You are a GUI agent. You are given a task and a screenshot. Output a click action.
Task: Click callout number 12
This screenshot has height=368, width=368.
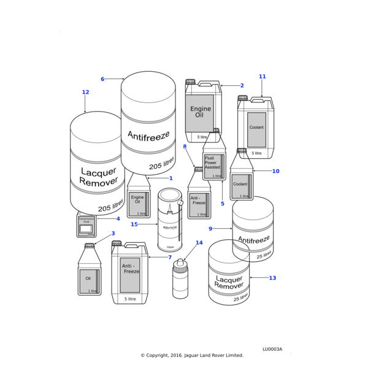pyautogui.click(x=85, y=93)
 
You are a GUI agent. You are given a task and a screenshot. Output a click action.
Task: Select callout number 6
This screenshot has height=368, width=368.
pyautogui.click(x=102, y=79)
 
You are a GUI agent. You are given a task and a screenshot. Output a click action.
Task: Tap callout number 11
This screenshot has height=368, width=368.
pyautogui.click(x=262, y=77)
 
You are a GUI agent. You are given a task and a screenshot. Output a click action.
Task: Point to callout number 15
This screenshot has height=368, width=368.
pyautogui.click(x=134, y=224)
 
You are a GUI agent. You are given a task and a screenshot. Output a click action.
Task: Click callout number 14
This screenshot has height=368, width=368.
pyautogui.click(x=199, y=243)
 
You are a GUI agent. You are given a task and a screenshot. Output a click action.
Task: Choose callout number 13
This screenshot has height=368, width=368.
pyautogui.click(x=272, y=278)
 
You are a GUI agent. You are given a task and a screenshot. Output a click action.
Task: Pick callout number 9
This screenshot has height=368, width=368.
pyautogui.click(x=210, y=229)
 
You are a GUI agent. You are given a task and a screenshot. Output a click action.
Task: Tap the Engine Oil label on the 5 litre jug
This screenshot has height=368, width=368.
pyautogui.click(x=200, y=112)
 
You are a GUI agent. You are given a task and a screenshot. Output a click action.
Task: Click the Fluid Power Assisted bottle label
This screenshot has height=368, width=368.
pyautogui.click(x=213, y=163)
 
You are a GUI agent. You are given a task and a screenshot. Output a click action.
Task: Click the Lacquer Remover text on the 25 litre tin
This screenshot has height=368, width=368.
pyautogui.click(x=229, y=283)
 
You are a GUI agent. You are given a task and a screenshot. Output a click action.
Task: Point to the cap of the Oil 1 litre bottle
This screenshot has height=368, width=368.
pyautogui.click(x=90, y=246)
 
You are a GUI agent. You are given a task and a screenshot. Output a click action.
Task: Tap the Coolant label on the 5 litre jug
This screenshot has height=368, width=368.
pyautogui.click(x=256, y=128)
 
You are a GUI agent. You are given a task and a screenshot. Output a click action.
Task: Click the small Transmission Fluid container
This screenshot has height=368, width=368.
pyautogui.click(x=86, y=226)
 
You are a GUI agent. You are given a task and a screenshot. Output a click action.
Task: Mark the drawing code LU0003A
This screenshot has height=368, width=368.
pyautogui.click(x=272, y=349)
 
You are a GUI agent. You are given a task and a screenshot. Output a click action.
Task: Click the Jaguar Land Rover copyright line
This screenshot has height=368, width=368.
pyautogui.click(x=192, y=355)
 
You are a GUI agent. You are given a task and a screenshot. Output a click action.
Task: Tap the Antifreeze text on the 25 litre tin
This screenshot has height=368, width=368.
pyautogui.click(x=253, y=240)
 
